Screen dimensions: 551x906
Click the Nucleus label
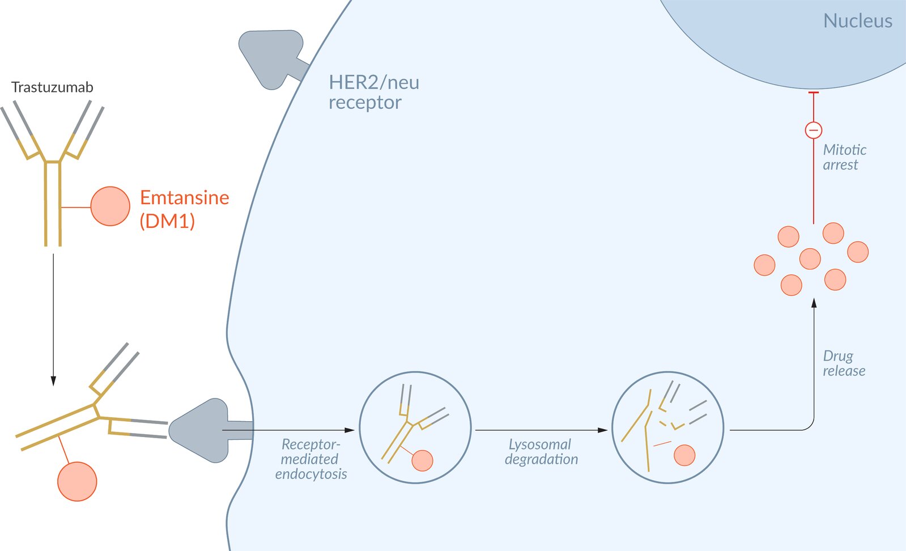pyautogui.click(x=857, y=21)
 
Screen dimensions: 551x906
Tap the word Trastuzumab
pyautogui.click(x=52, y=87)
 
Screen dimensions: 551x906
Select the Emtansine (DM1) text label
pyautogui.click(x=184, y=209)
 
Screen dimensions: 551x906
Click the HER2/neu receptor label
pyautogui.click(x=374, y=92)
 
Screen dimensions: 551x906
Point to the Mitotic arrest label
pyautogui.click(x=844, y=157)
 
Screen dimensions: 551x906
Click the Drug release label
pyautogui.click(x=844, y=363)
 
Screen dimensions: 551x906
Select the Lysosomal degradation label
pyautogui.click(x=541, y=452)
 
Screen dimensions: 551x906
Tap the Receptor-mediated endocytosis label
pyautogui.click(x=311, y=459)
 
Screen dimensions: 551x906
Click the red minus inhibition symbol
pyautogui.click(x=814, y=130)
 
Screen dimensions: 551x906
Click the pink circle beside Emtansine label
pyautogui.click(x=110, y=206)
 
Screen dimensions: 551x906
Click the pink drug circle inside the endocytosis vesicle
pyautogui.click(x=422, y=460)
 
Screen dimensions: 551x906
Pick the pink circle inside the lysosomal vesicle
pyautogui.click(x=684, y=455)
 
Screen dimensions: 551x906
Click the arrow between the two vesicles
pyautogui.click(x=541, y=430)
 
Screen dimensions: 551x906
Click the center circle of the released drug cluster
pyautogui.click(x=810, y=258)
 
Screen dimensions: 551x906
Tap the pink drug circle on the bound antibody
pyautogui.click(x=77, y=481)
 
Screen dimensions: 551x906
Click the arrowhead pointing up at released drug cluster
pyautogui.click(x=814, y=303)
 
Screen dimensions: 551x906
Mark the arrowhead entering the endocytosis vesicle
pyautogui.click(x=350, y=430)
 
